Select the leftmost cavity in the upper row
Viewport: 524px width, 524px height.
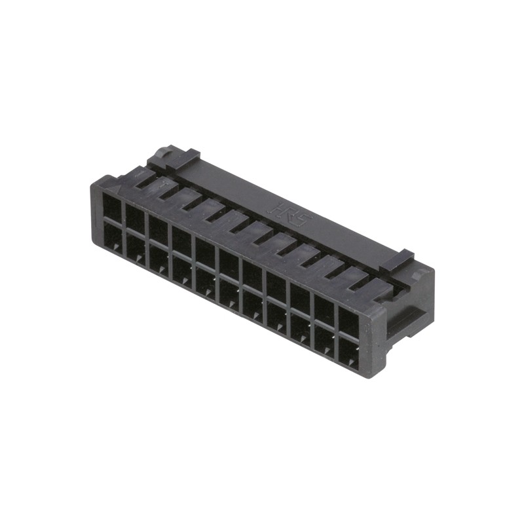point(112,208)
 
